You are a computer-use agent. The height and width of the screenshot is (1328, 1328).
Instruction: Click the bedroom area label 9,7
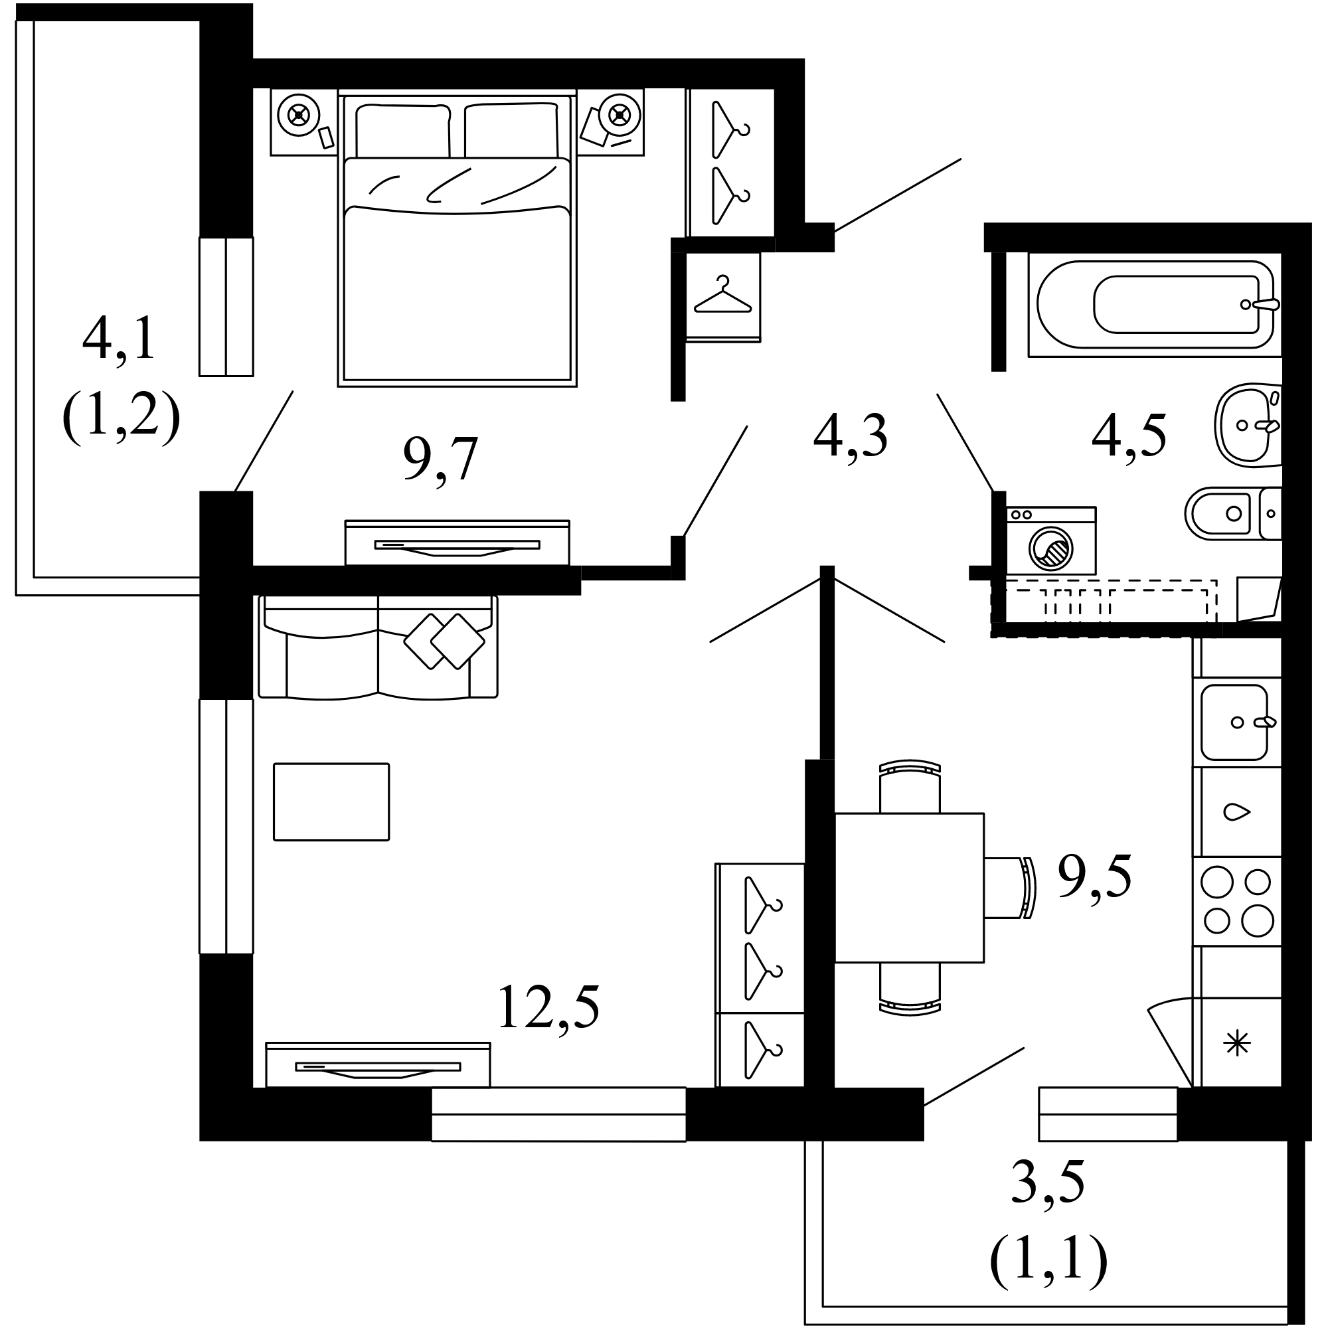click(x=441, y=459)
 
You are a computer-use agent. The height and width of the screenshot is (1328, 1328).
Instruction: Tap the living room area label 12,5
click(x=548, y=1007)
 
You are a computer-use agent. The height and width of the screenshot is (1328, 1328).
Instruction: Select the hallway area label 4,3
click(x=851, y=436)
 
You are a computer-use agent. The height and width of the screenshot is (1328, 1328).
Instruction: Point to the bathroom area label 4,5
click(x=1129, y=436)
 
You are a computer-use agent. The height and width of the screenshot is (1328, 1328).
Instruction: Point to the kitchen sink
click(x=1234, y=722)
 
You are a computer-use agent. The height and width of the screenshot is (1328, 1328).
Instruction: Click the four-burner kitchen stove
click(x=1237, y=901)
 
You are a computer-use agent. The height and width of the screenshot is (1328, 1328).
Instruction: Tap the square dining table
click(x=909, y=887)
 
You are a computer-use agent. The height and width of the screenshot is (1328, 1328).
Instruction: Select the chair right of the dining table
click(x=1009, y=887)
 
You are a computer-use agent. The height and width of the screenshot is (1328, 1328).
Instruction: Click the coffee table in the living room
click(x=331, y=801)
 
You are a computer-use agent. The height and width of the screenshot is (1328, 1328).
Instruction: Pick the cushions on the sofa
click(x=444, y=641)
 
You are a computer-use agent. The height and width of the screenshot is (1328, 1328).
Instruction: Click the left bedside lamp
click(x=298, y=114)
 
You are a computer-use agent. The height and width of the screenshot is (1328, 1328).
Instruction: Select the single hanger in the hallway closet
click(x=722, y=297)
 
